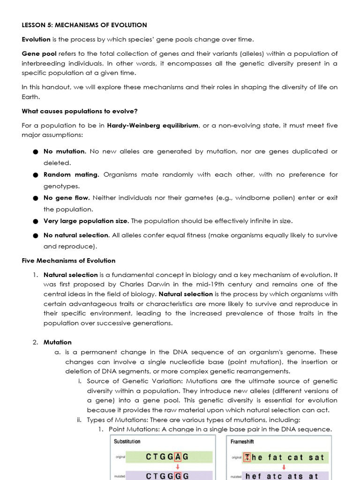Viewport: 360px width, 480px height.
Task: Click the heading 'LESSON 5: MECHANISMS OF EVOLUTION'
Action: (84, 25)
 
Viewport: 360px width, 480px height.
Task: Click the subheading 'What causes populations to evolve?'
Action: (80, 111)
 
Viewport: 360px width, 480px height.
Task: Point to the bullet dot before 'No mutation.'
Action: (36, 152)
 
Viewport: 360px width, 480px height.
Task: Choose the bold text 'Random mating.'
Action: (71, 174)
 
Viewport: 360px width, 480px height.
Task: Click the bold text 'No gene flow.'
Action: (66, 198)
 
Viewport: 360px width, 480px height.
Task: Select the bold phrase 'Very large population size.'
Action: (86, 221)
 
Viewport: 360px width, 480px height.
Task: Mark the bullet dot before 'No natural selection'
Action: (36, 236)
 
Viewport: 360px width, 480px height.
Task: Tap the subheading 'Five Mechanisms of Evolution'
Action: (68, 261)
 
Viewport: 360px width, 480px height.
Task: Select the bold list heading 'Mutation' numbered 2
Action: (58, 342)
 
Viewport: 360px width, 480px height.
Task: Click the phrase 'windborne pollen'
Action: (263, 198)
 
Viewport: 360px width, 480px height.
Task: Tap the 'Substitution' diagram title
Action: (127, 442)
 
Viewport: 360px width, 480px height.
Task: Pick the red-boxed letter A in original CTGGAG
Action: (178, 457)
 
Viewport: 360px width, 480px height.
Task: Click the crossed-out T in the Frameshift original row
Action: (247, 457)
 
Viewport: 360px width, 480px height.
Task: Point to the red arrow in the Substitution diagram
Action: (178, 467)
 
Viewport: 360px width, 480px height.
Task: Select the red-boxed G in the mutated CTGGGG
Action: (178, 476)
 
